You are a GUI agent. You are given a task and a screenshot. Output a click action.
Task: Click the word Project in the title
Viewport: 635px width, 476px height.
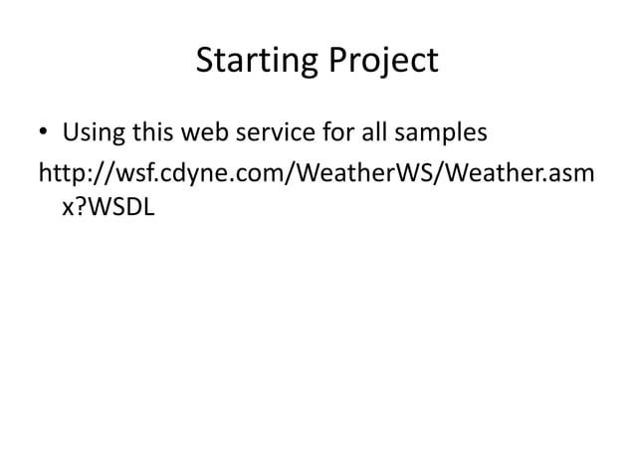click(x=382, y=62)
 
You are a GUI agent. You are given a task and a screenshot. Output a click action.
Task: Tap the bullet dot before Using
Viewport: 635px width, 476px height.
click(x=44, y=133)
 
